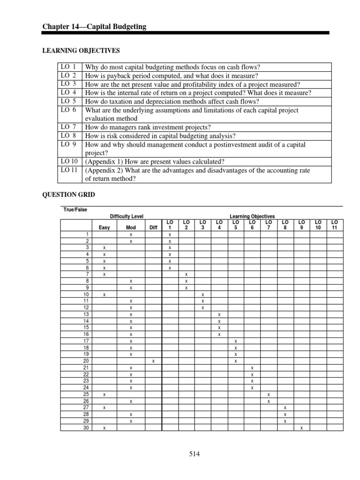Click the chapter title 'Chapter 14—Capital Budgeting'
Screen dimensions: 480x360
[94, 27]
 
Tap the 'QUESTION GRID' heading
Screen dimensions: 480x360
[69, 195]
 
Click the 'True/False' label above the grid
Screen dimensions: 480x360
[75, 210]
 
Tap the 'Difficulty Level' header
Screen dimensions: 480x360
[127, 216]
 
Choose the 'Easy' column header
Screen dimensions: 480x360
[105, 228]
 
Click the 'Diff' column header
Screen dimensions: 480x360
[153, 228]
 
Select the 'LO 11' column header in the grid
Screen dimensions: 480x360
[334, 225]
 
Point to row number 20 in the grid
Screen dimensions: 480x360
[86, 361]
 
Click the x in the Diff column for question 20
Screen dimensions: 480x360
[153, 361]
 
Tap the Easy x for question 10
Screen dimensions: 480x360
[105, 294]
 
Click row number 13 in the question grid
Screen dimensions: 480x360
[86, 315]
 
